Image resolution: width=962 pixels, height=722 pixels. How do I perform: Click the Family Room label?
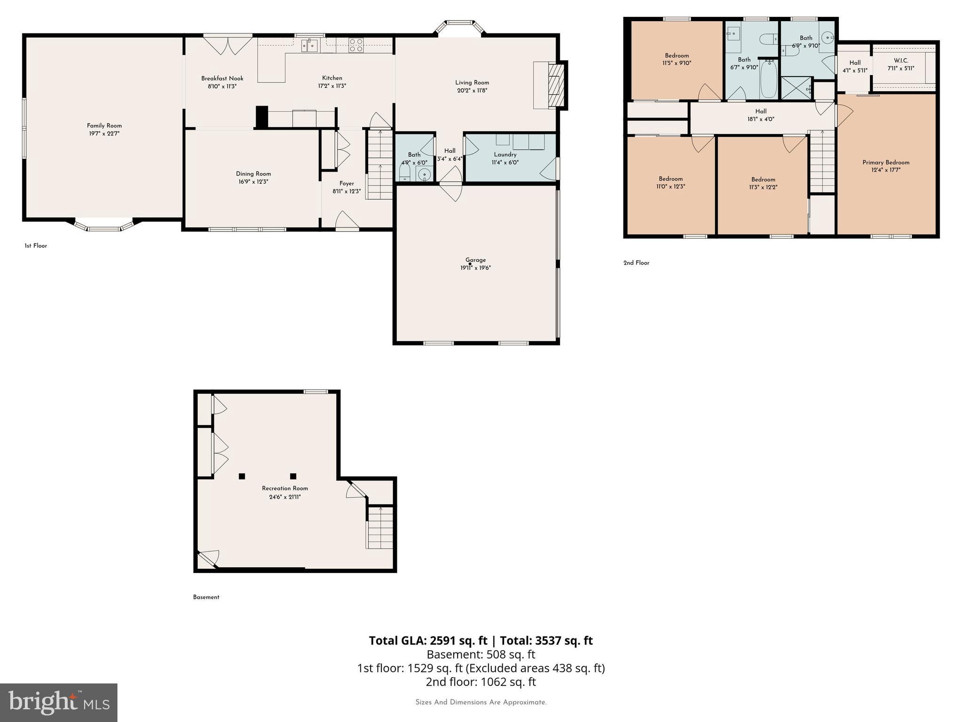[104, 126]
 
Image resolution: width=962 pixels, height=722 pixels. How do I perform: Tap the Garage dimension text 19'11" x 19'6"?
[475, 268]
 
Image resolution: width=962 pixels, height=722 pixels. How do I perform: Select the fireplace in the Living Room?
[557, 86]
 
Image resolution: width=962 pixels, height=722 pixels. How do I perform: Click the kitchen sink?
[310, 45]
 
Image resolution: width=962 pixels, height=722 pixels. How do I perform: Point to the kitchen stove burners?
[356, 45]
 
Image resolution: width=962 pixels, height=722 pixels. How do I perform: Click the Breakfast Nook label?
[222, 78]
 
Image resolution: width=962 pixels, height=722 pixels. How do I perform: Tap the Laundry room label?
[505, 154]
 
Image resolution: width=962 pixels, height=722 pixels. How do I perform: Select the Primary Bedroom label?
[885, 163]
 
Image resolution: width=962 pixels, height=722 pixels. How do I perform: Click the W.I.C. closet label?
[901, 61]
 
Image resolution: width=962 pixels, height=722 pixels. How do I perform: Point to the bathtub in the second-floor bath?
[768, 79]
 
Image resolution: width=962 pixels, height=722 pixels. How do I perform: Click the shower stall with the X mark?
[796, 88]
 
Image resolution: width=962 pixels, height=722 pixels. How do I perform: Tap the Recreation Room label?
[285, 488]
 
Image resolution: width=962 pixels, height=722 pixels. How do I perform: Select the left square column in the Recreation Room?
[242, 476]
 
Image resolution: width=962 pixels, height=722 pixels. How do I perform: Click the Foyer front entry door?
[347, 222]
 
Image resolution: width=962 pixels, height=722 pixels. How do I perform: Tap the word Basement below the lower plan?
[206, 597]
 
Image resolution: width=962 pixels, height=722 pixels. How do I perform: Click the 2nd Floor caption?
[636, 263]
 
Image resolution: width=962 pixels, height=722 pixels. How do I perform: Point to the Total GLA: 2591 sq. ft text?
[428, 641]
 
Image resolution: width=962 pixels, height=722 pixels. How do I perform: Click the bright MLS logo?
[59, 702]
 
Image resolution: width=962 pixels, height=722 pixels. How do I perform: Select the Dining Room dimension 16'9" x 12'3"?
[253, 182]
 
